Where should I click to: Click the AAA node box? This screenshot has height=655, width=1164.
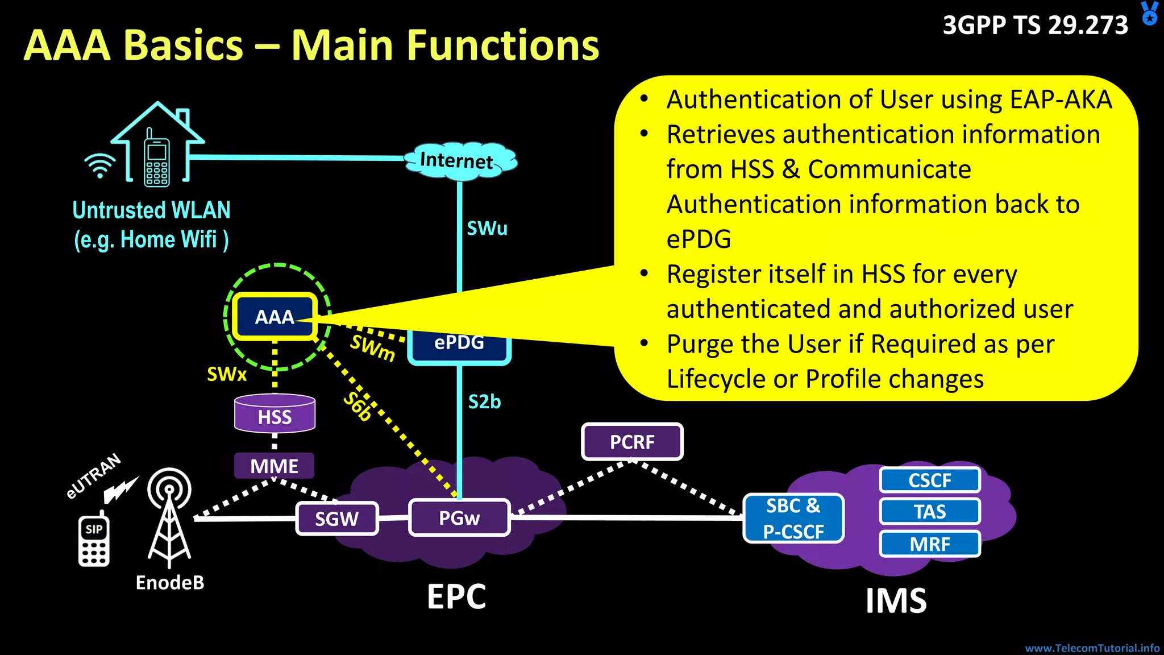275,317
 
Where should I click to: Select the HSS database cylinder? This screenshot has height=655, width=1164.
275,413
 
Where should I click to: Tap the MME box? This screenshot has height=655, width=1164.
274,466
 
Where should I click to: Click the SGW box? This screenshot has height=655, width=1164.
336,519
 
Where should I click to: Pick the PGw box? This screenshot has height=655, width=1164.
459,517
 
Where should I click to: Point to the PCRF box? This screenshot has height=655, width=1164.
632,442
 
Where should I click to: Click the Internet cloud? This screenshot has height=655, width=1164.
459,160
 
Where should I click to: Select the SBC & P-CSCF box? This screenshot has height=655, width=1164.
793,518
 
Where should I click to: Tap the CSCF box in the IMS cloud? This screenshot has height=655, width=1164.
930,480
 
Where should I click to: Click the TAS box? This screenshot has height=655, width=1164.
930,512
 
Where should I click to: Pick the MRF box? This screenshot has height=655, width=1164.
930,544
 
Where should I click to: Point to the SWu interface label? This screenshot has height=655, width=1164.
487,229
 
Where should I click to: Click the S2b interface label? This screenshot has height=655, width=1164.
484,402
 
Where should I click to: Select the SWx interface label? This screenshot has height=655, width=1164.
227,374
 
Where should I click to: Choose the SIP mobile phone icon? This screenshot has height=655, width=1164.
94,540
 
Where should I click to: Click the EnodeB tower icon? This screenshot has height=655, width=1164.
169,517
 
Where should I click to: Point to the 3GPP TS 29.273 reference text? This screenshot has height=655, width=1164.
1035,25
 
